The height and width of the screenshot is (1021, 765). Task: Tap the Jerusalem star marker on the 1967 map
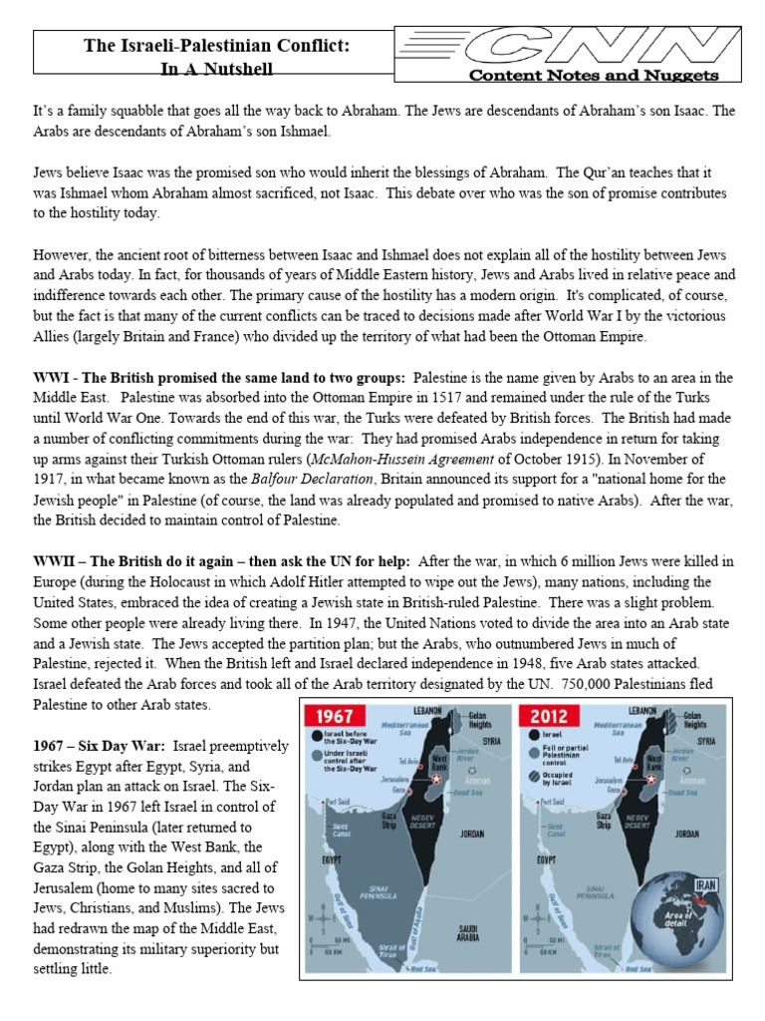[436, 779]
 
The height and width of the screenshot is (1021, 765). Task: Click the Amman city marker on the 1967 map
[472, 771]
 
